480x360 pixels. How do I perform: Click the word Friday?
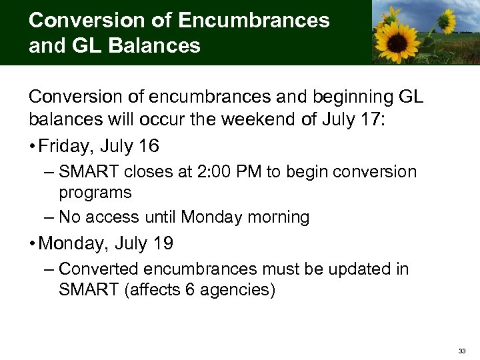coord(67,145)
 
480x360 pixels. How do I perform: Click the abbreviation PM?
coord(247,172)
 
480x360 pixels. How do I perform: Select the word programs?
coord(95,193)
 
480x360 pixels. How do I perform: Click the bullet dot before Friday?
coord(33,146)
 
